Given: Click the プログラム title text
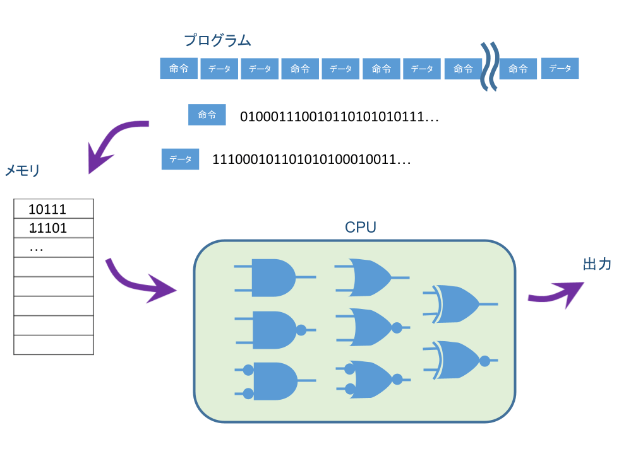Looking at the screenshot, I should pyautogui.click(x=217, y=41).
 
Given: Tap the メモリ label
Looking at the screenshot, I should pyautogui.click(x=23, y=171).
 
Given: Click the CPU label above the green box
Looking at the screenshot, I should pyautogui.click(x=361, y=228).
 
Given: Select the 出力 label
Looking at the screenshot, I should pyautogui.click(x=596, y=265).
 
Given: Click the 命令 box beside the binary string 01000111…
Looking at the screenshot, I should pyautogui.click(x=207, y=115).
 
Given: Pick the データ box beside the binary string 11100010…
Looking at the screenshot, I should pyautogui.click(x=180, y=160).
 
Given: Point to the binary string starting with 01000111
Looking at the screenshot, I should pyautogui.click(x=339, y=117).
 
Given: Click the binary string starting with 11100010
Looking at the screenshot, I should pyautogui.click(x=311, y=160).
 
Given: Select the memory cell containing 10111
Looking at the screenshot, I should pyautogui.click(x=54, y=209).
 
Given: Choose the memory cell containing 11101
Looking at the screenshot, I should pyautogui.click(x=54, y=228).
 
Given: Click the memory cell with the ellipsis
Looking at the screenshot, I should pyautogui.click(x=54, y=248).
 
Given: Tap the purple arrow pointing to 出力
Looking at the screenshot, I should pyautogui.click(x=556, y=293).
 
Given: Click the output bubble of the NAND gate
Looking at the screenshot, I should pyautogui.click(x=301, y=330).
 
